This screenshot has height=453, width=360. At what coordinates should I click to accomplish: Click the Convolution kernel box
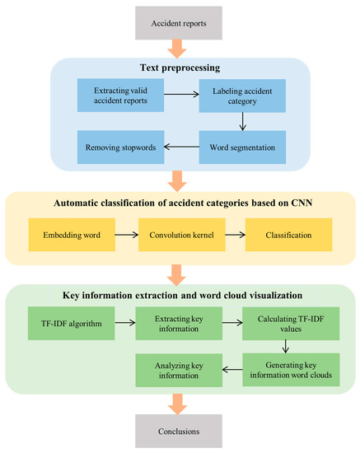pos(180,235)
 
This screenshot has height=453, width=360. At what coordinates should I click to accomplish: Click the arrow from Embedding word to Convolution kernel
pos(127,235)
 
